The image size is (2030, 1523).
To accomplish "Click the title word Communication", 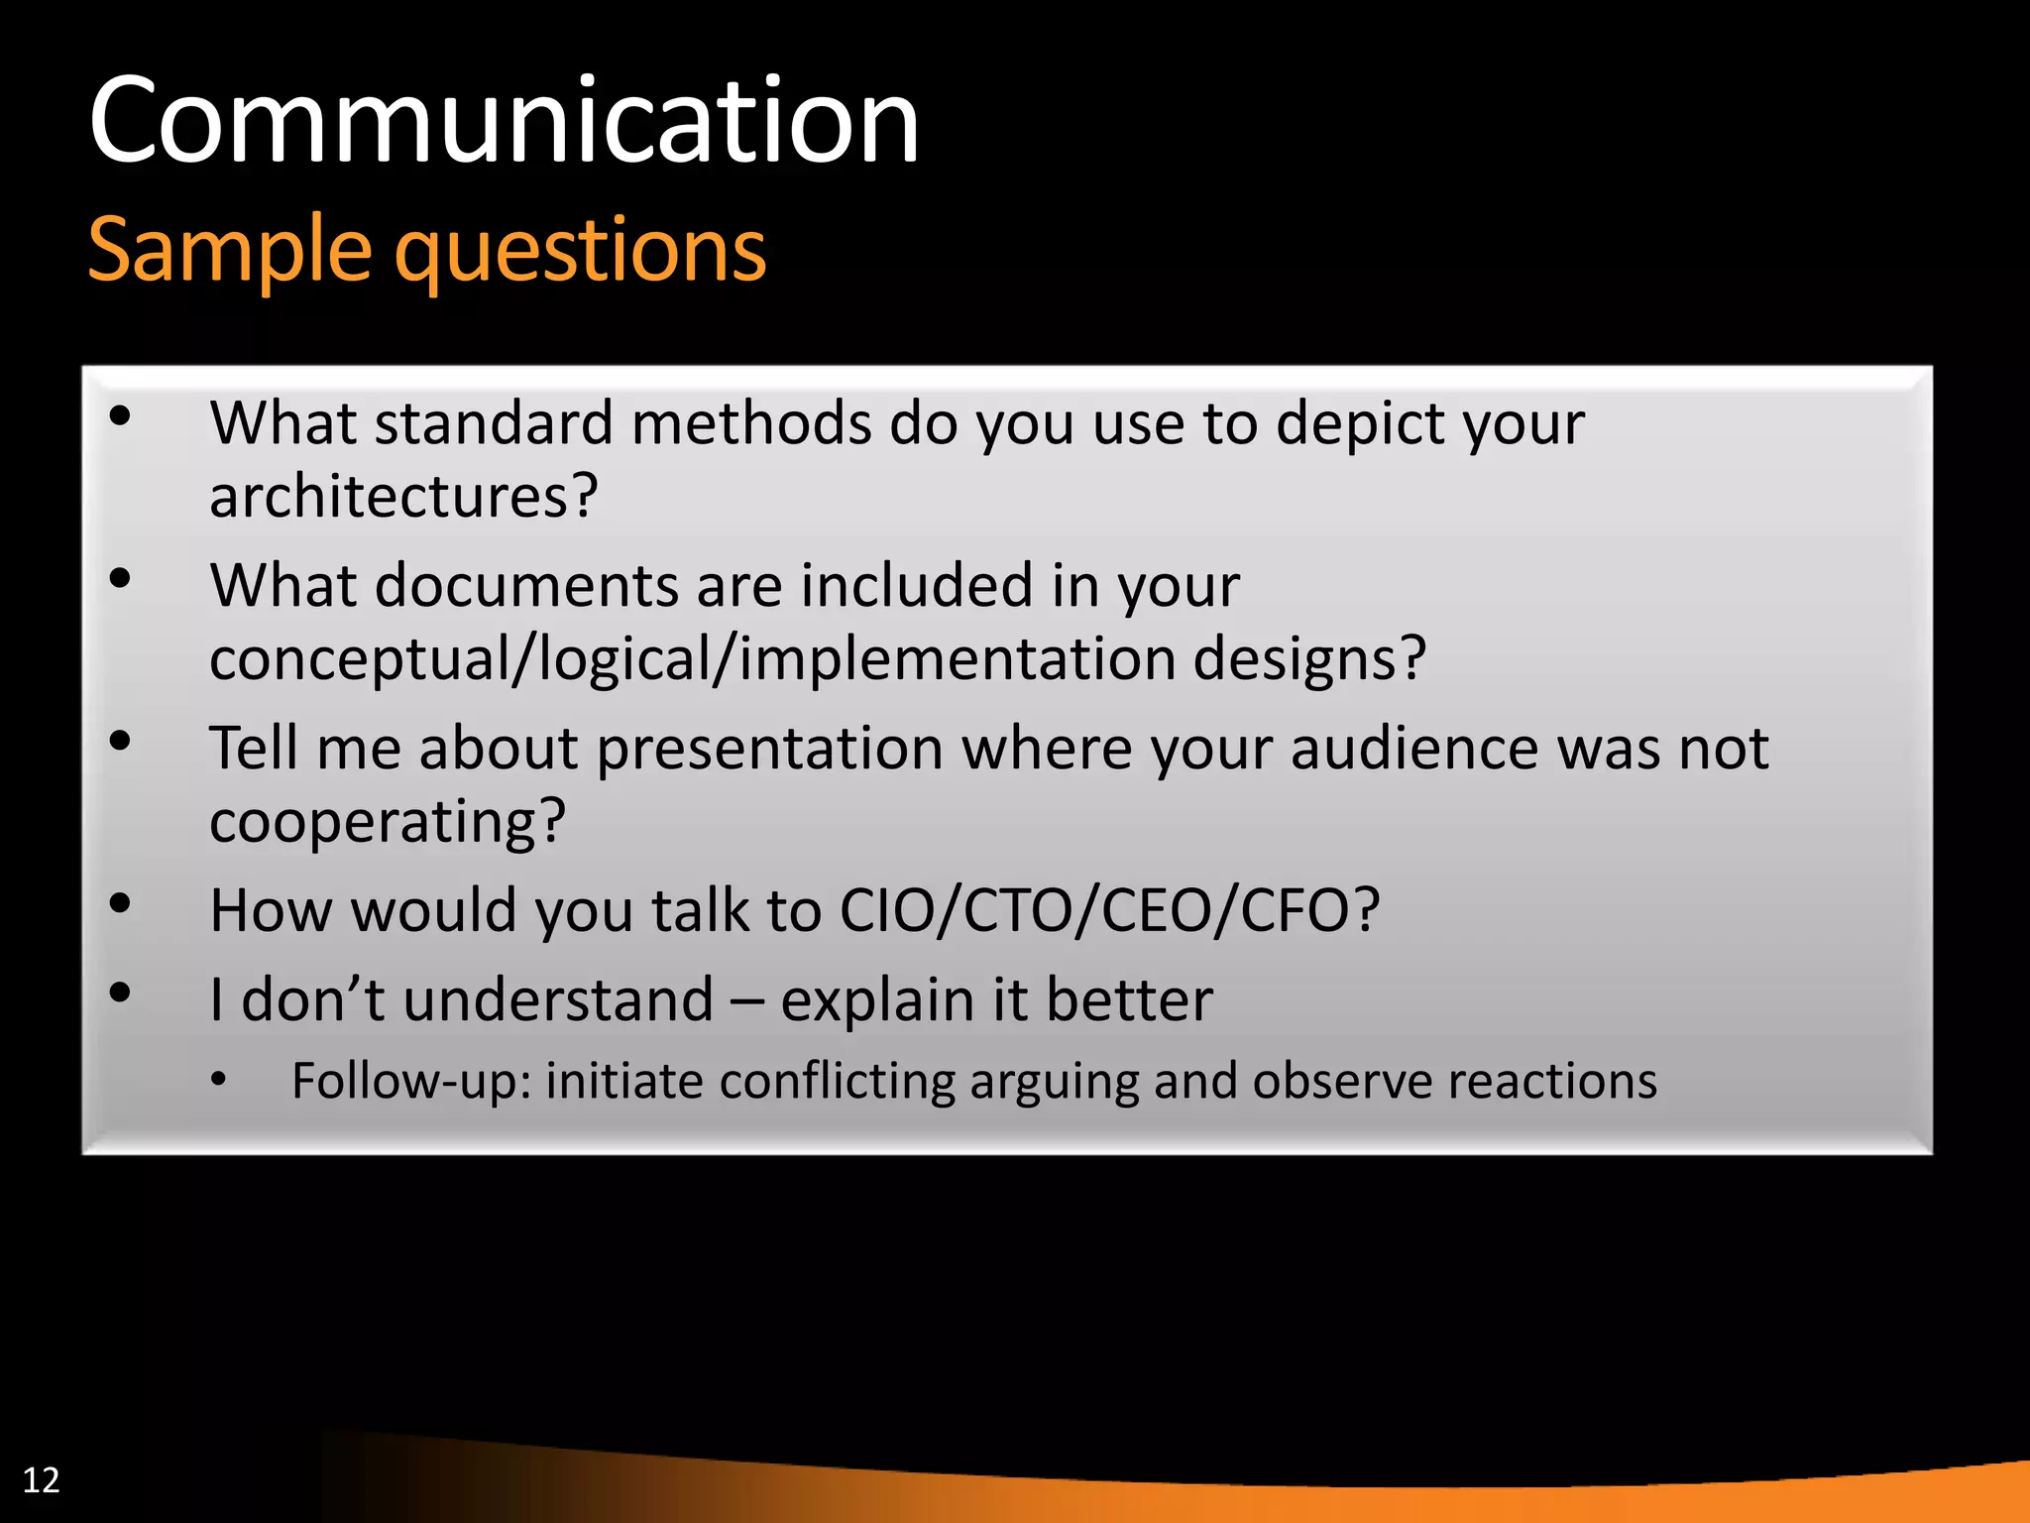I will (504, 123).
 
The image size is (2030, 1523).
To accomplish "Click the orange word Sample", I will (229, 250).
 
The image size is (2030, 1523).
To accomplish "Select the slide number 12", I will (41, 1480).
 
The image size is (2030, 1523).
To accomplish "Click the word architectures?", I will (403, 496).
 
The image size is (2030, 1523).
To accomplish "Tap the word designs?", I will (1308, 659).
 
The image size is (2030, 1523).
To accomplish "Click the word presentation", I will (769, 750).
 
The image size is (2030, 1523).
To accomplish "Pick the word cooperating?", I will (387, 823).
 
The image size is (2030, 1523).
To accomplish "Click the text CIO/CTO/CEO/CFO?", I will (1109, 910).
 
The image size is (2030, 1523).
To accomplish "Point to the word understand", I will (558, 999).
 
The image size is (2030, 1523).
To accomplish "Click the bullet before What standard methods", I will (120, 416).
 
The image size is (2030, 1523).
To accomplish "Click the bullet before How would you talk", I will (120, 903).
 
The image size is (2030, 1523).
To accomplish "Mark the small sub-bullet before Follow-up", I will (219, 1080).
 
